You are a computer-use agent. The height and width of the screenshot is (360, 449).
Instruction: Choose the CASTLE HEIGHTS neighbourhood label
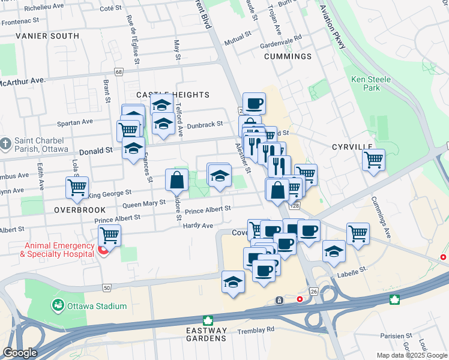[x=172, y=95]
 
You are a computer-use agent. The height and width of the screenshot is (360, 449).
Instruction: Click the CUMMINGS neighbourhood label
[x=288, y=56]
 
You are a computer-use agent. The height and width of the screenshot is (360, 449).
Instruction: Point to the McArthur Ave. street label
[x=23, y=80]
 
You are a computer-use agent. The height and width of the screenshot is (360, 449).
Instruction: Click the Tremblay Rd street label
[x=255, y=329]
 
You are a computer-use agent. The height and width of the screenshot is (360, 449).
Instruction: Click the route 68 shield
[x=119, y=72]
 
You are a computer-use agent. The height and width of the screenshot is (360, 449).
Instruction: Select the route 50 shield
[x=106, y=288]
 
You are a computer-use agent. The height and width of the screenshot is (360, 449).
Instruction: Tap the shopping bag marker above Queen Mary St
[x=177, y=179]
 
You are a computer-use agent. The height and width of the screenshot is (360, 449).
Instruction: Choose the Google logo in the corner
[x=20, y=353]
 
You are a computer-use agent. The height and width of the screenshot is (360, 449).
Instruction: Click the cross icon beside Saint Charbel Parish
[x=5, y=145]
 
